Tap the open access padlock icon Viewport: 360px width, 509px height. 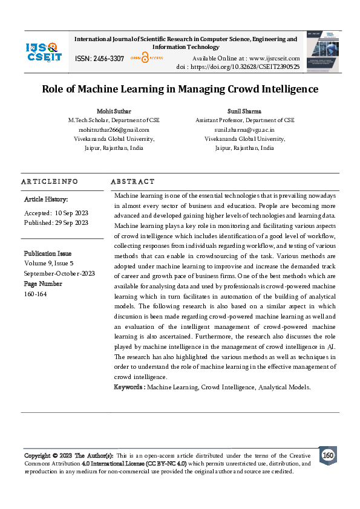click(145, 58)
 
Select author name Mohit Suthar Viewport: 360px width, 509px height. click(114, 112)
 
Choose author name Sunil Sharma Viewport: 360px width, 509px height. click(244, 112)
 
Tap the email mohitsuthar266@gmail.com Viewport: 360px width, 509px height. click(114, 129)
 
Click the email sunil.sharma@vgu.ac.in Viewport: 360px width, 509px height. click(244, 129)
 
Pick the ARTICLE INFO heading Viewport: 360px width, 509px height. click(50, 181)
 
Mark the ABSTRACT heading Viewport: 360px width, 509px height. click(133, 181)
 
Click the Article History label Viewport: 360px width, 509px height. click(46, 199)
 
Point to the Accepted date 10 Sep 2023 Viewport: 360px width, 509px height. click(71, 213)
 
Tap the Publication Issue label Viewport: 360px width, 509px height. click(48, 253)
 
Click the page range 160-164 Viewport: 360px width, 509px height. click(35, 294)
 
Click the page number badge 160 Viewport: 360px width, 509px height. click(327, 455)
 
